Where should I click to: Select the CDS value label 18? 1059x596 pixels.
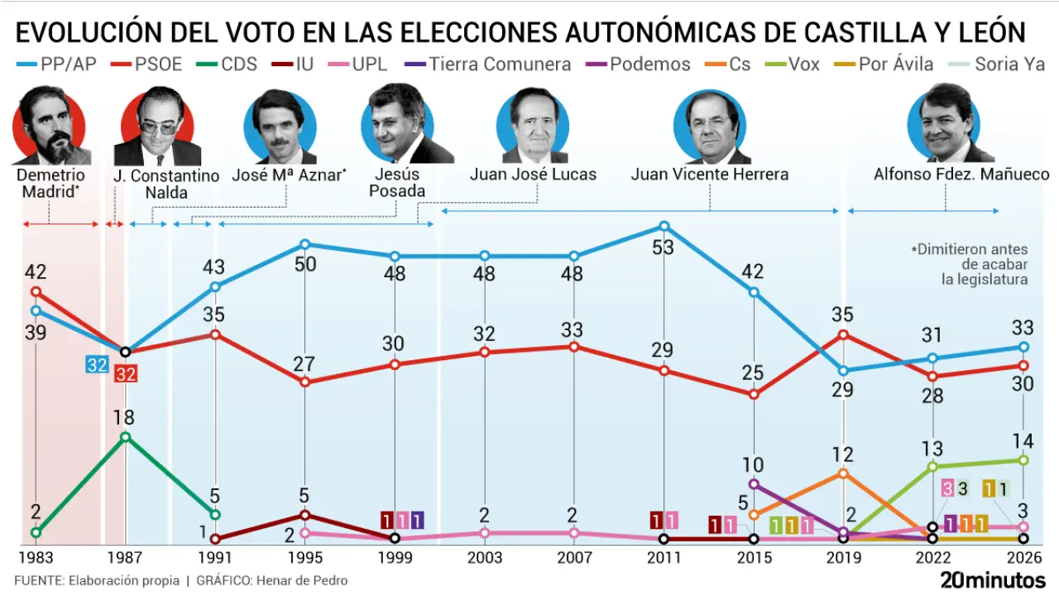tap(125, 418)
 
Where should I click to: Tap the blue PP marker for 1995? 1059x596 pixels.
tap(305, 244)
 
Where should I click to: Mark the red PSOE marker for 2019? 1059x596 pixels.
tap(843, 334)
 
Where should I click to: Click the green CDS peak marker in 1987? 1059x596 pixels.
tap(125, 436)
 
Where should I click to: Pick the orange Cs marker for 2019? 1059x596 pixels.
tap(843, 473)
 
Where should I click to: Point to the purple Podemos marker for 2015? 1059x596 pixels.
tap(754, 483)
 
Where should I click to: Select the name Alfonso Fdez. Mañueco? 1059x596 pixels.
tap(961, 175)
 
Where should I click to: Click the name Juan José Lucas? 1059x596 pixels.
tap(533, 175)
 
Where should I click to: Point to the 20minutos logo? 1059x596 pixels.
tap(992, 580)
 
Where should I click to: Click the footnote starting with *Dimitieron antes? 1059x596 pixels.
tap(969, 264)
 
